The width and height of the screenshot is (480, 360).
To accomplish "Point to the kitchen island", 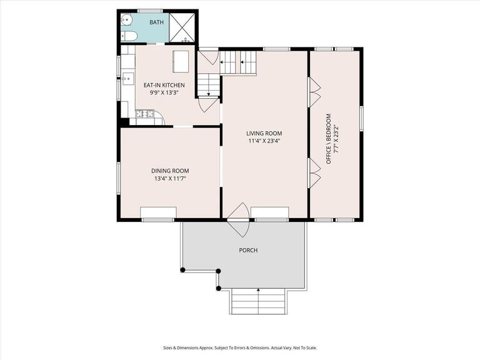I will (x=181, y=61).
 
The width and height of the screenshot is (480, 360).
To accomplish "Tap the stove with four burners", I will (x=144, y=113).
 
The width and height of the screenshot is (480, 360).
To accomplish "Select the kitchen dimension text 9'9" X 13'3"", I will (x=164, y=92).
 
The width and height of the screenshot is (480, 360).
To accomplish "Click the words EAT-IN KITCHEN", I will (x=164, y=85).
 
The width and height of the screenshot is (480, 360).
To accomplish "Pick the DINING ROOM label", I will (x=169, y=171).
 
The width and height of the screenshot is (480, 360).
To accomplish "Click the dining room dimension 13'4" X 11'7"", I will (x=169, y=178).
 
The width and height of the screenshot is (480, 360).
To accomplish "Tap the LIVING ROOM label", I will (x=264, y=133).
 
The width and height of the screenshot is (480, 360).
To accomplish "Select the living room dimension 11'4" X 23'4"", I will (x=264, y=141).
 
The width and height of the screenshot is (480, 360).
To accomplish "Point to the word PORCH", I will (x=248, y=250).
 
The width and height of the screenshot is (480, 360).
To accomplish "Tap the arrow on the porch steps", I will (x=259, y=291).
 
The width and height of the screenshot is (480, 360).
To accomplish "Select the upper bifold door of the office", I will (x=314, y=92).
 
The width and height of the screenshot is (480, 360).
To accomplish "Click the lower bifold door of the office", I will (x=314, y=173).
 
